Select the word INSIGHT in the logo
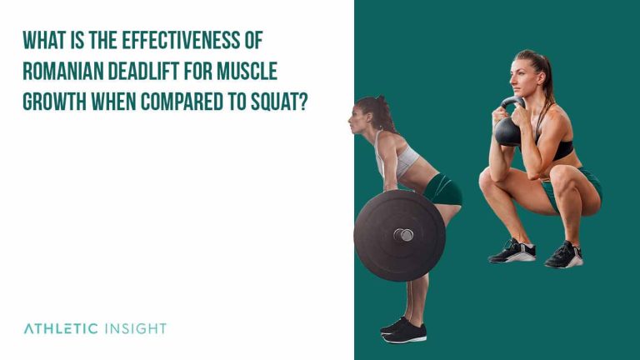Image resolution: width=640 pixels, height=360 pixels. [x=136, y=328]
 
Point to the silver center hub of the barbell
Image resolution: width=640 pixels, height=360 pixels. [x=403, y=235]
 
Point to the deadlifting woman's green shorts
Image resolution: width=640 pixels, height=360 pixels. [x=442, y=190]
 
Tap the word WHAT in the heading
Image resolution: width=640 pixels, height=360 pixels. [x=44, y=41]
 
